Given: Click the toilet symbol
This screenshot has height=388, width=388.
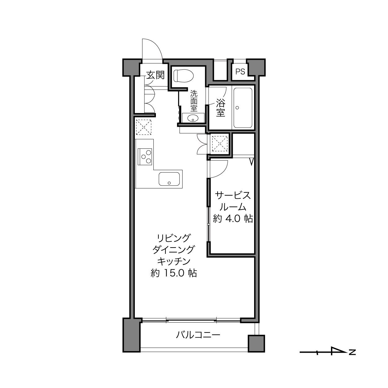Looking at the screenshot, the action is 183,76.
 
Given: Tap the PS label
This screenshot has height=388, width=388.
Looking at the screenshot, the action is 240,72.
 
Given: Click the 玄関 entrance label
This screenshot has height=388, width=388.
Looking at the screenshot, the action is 155,75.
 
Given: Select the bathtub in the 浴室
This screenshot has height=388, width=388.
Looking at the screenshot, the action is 243,108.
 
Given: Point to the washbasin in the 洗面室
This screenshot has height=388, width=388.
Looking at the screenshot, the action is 193,118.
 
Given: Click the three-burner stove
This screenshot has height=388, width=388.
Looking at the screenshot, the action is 145,157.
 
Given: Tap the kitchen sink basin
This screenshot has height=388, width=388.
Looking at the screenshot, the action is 169,179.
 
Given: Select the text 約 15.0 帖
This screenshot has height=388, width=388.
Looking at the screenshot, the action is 174,273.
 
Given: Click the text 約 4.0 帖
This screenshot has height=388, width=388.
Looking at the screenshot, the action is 233,218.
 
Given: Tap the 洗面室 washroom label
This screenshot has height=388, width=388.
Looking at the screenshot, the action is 194,101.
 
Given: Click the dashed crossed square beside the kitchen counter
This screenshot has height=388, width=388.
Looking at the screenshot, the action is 143,127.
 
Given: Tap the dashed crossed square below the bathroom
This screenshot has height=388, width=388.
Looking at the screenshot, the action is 220,143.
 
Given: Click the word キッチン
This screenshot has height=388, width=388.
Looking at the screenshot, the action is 174,262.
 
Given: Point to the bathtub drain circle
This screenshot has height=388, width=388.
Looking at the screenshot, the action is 237,108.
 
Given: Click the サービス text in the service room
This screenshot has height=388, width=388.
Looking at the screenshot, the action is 233,196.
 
